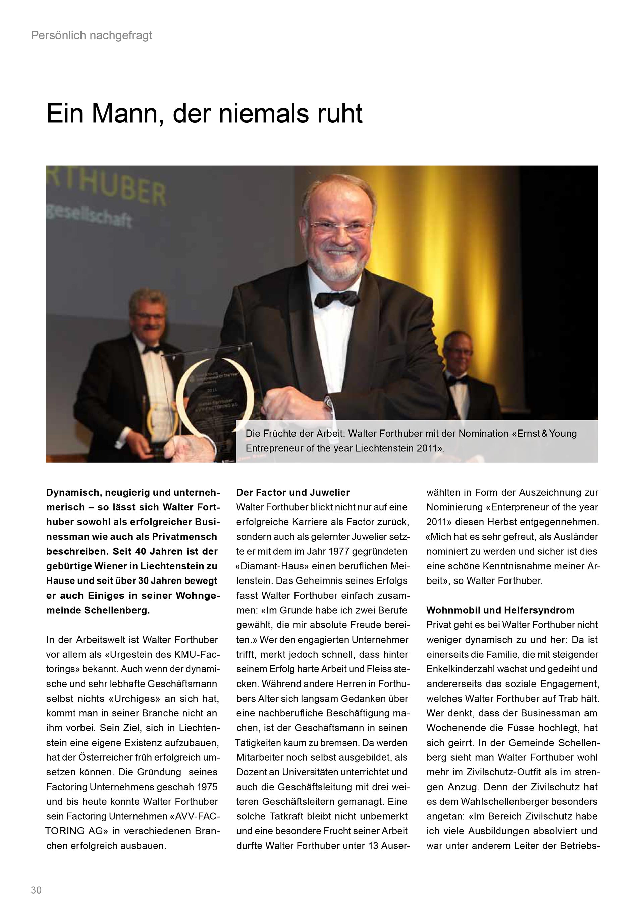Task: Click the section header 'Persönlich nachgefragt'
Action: click(92, 36)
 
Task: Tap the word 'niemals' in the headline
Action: click(263, 114)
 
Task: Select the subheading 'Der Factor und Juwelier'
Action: click(293, 492)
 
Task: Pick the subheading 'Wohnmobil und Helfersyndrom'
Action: click(500, 610)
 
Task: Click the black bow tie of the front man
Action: click(335, 298)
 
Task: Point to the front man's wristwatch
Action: click(328, 404)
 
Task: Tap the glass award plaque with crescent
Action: click(216, 401)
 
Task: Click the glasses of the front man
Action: click(340, 227)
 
